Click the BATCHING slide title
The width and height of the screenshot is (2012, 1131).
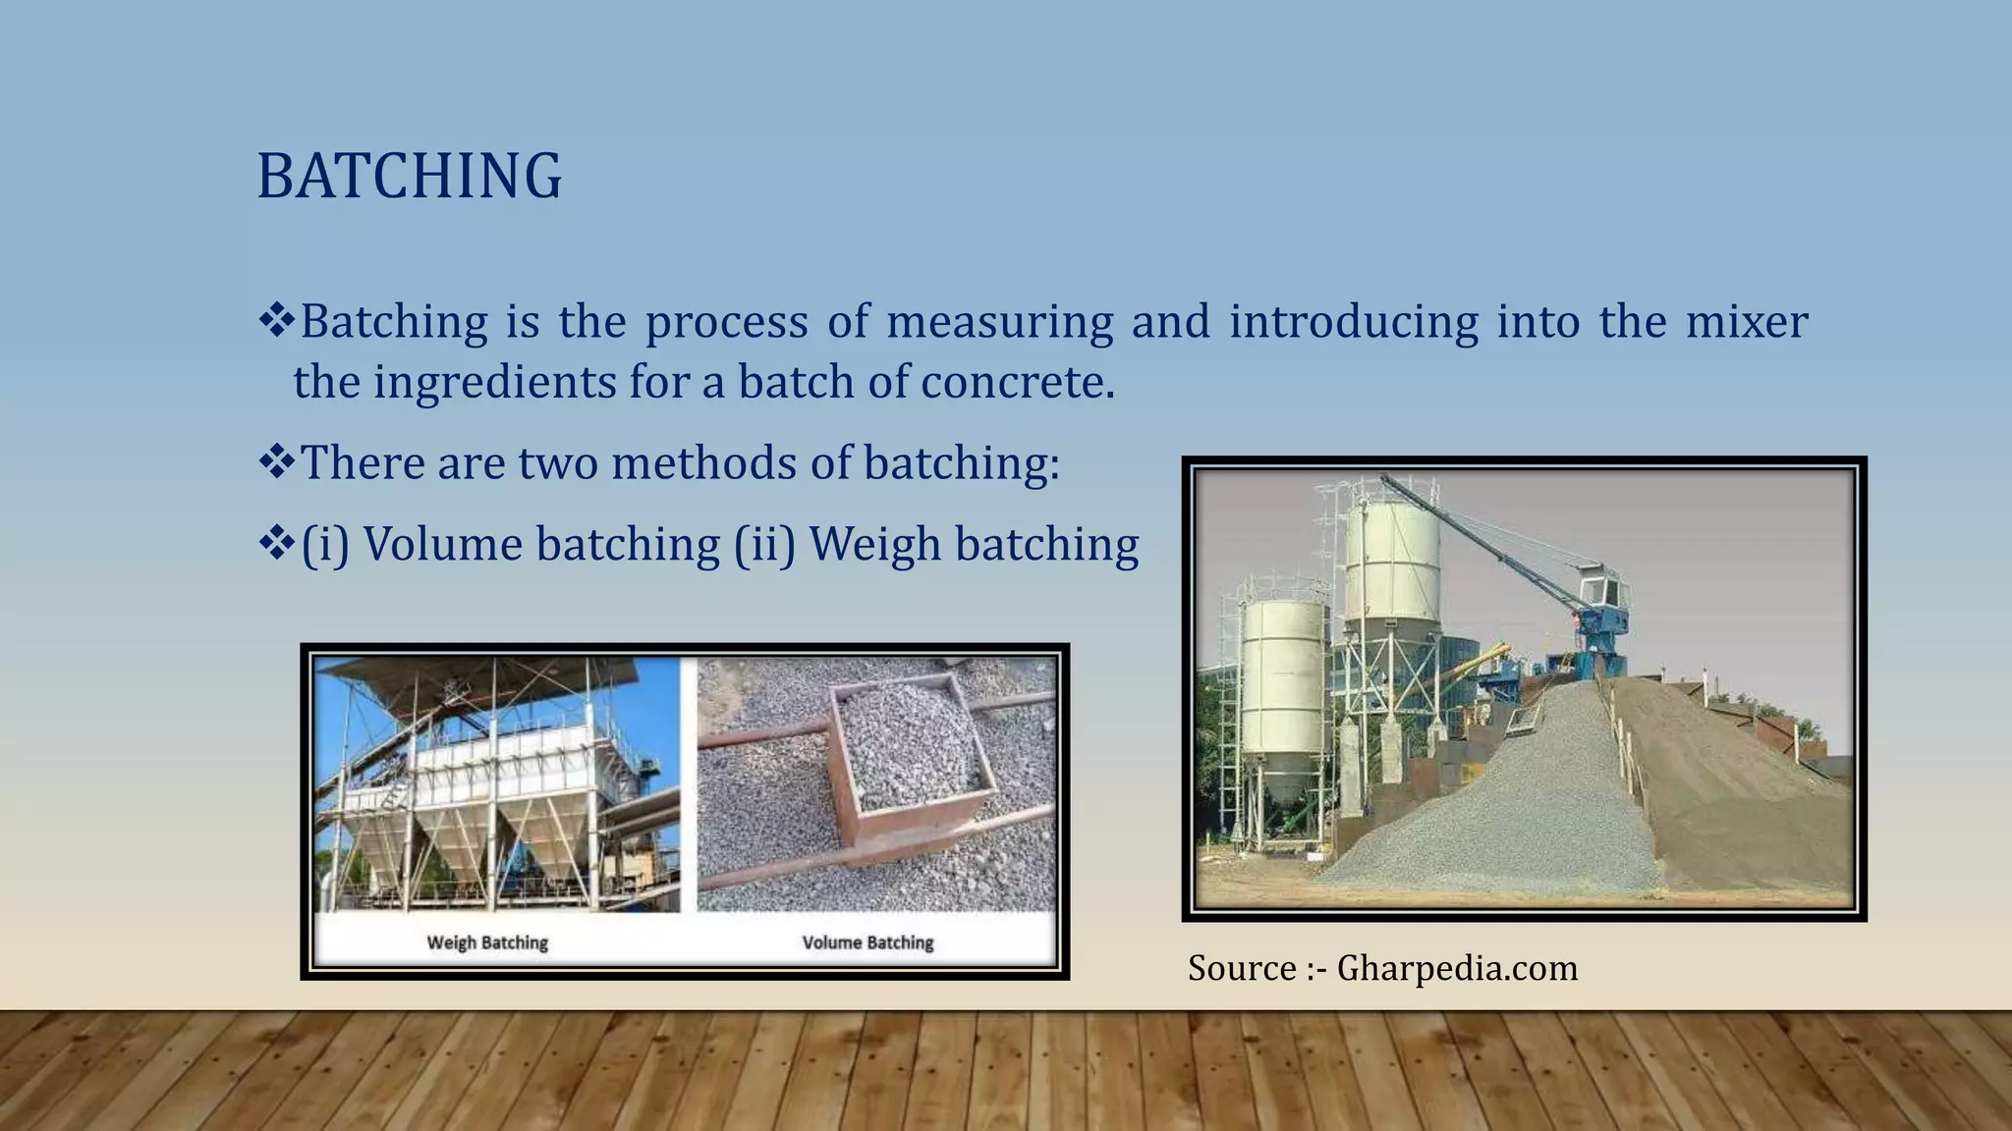click(409, 177)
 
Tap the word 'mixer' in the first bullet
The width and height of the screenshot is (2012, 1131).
click(1746, 322)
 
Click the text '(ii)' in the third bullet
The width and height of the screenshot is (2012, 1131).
click(764, 545)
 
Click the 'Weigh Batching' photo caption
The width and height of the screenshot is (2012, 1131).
click(487, 942)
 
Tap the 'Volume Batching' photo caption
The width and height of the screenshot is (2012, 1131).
click(867, 942)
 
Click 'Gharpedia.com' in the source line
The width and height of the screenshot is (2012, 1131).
click(1457, 968)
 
